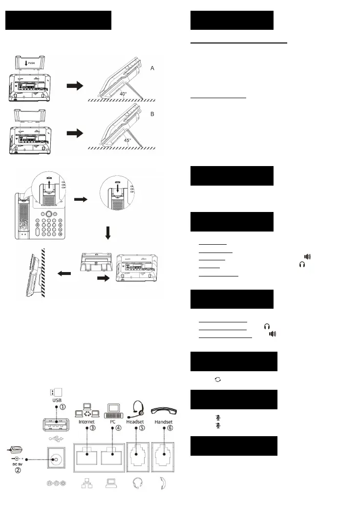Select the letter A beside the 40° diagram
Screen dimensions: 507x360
152,69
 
